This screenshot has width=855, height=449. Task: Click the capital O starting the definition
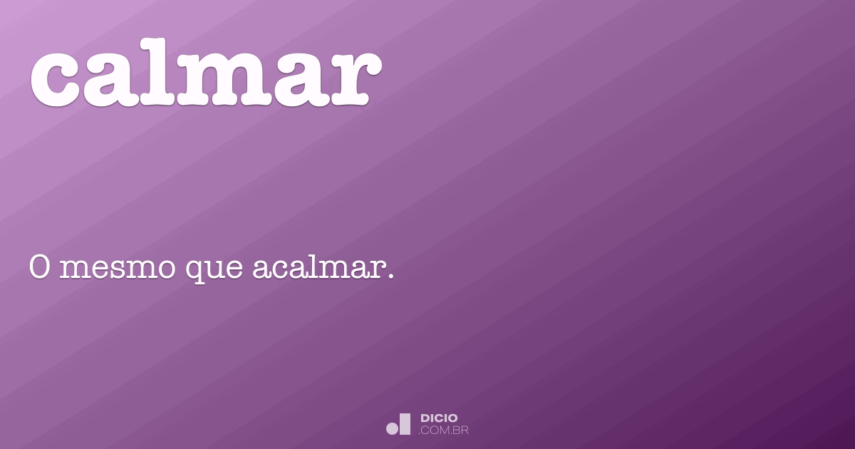39,269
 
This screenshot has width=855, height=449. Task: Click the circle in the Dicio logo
393,428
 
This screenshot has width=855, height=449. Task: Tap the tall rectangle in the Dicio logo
405,424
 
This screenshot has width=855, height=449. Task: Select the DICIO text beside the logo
439,418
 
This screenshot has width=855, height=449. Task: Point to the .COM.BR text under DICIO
444,430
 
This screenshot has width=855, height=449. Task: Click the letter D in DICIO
425,418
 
